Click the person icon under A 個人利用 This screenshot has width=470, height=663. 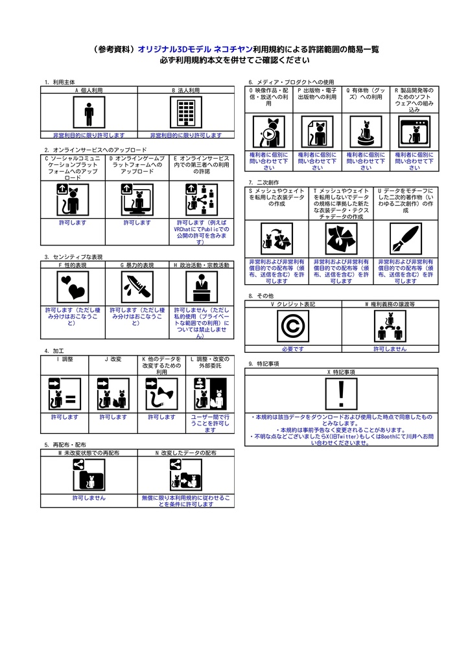pyautogui.click(x=89, y=115)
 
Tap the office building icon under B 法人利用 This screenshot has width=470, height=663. pyautogui.click(x=186, y=115)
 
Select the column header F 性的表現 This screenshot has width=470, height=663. pyautogui.click(x=73, y=265)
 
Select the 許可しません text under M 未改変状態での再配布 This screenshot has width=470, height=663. pyautogui.click(x=89, y=497)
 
